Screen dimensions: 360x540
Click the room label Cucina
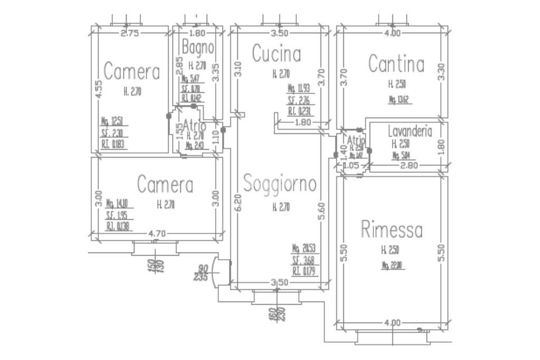276,54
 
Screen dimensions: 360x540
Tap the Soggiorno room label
280,184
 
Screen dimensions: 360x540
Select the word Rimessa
392,230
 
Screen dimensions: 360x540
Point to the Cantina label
396,64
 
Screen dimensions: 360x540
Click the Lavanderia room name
410,131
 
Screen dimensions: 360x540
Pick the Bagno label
198,47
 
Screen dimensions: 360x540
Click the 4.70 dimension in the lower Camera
156,233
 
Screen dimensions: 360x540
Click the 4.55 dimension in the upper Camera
99,90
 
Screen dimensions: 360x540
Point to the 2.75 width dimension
129,33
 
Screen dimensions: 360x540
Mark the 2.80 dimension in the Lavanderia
409,166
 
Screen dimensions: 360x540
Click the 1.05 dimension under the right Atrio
351,166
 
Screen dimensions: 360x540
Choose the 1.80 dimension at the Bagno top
197,33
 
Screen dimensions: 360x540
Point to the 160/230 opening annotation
277,314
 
